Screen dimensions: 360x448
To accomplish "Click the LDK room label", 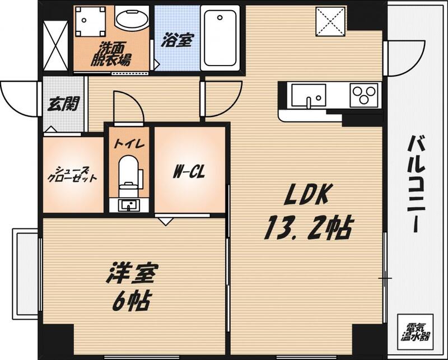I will click(309, 195).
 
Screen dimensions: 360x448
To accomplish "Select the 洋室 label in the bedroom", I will click(133, 274).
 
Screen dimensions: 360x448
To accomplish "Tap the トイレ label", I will click(129, 143).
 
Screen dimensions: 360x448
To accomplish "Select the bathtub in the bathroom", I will click(220, 38).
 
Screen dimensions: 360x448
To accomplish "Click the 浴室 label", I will click(176, 40).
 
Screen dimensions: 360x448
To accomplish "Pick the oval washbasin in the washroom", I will click(132, 18).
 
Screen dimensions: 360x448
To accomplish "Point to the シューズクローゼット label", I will click(72, 174).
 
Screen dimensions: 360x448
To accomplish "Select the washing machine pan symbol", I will click(90, 23).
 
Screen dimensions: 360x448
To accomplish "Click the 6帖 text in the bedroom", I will click(131, 302).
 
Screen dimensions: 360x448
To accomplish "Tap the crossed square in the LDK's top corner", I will click(330, 21).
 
